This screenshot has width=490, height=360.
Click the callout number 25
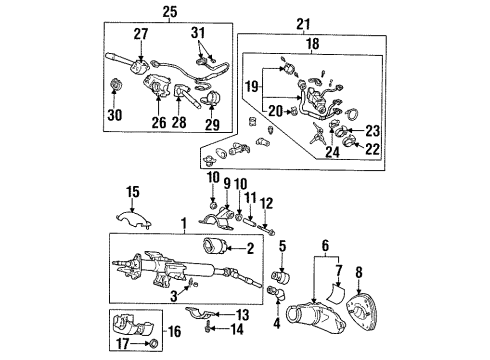click(167, 12)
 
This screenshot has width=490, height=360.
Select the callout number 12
click(266, 204)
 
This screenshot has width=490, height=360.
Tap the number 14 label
click(238, 327)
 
